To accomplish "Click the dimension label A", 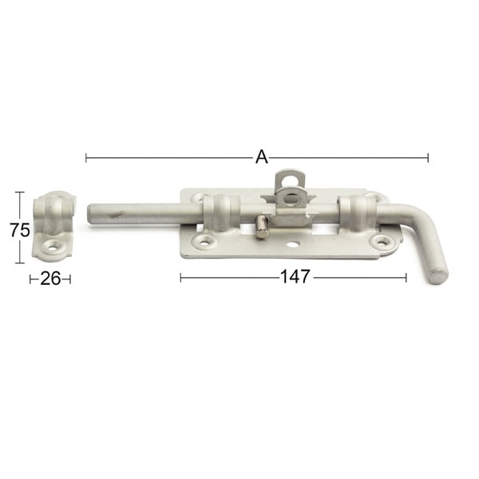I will coord(261,157).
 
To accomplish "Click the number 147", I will coord(295,277).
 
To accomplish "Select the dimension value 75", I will coord(20,230).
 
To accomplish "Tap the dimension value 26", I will coord(50,279).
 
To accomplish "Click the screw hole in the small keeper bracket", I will coord(53,246).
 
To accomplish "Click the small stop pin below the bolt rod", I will coord(262,229).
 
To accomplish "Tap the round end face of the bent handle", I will coord(439,275).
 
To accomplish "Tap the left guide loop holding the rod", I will coord(219,213).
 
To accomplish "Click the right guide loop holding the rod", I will coord(356,214).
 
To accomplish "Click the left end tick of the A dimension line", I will coord(86,157).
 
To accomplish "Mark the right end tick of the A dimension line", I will coord(428,157).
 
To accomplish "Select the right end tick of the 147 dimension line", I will coord(406,277).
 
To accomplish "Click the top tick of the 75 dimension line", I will coord(20,192).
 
